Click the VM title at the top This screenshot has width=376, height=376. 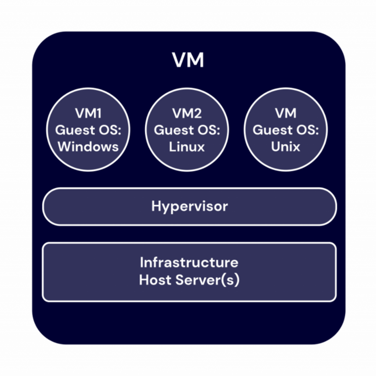(x=188, y=61)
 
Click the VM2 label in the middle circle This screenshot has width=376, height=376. (x=187, y=113)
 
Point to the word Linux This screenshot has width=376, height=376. (x=187, y=146)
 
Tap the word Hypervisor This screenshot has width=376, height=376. (x=189, y=207)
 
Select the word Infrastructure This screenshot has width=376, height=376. (x=189, y=262)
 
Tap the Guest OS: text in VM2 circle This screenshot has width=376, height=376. (x=187, y=129)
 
